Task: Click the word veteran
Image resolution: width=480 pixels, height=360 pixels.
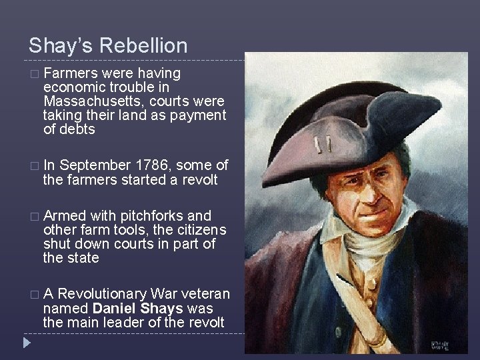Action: click(205, 294)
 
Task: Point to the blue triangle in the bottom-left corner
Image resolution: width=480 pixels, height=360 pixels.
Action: click(26, 344)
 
